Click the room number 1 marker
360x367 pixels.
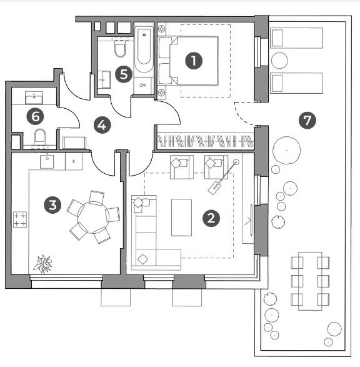tap(194, 61)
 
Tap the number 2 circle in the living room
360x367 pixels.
tap(211, 218)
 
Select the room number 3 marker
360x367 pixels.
tap(52, 205)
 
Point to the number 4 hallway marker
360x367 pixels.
tap(102, 125)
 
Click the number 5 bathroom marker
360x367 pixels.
tap(124, 74)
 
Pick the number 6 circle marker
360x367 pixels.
tap(36, 116)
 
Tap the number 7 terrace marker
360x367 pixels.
tap(307, 120)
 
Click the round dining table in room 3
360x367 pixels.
tap(93, 218)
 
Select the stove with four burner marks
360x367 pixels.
tap(20, 219)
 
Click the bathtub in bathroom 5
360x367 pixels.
tap(144, 49)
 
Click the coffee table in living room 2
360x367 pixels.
tap(181, 218)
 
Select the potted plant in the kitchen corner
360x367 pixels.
tap(42, 264)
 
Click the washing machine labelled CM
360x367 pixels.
tap(142, 86)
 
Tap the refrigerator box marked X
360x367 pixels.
tap(74, 161)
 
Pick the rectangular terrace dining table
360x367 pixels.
tap(310, 281)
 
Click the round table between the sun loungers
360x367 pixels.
tap(279, 61)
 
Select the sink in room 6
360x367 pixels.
tap(34, 98)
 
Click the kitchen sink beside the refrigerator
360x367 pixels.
tap(47, 161)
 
